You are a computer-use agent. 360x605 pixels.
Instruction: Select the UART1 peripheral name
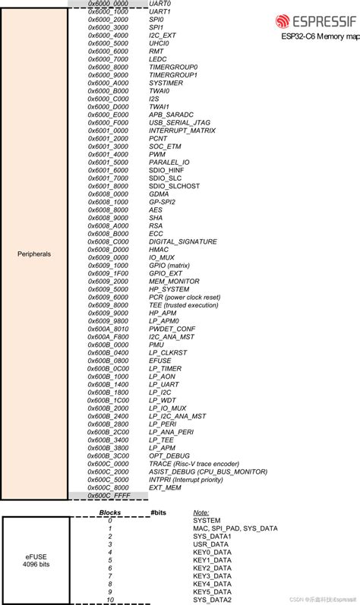pos(160,12)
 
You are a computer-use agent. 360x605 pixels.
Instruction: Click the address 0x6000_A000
pos(108,83)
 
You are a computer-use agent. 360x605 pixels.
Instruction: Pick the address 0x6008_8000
pos(108,210)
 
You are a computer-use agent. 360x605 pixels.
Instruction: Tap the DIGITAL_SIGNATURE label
pos(183,241)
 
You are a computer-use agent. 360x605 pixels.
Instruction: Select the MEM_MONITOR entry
pos(173,281)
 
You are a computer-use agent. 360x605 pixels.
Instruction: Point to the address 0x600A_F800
pos(108,336)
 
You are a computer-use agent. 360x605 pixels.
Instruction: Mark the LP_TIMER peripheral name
pos(165,368)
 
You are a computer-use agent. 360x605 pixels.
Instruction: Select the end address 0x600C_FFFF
pos(108,495)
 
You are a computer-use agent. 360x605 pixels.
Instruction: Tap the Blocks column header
pos(110,512)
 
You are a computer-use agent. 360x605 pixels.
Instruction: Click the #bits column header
pos(158,512)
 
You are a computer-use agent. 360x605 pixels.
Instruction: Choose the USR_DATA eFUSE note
pos(210,544)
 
